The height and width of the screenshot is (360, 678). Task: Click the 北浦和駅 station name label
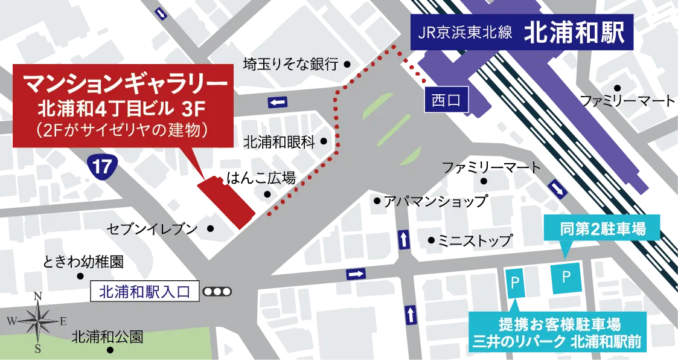pos(574,33)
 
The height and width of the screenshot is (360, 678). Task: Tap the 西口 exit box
pos(446,100)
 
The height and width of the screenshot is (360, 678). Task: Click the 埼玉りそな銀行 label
pos(290,63)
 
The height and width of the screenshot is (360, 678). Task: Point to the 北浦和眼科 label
pos(280,142)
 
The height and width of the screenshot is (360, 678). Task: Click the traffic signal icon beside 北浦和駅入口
pos(217,292)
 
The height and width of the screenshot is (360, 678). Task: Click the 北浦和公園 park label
pos(107,336)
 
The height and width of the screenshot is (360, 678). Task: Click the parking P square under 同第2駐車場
pos(566,277)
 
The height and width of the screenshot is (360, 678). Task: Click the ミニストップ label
pos(476,240)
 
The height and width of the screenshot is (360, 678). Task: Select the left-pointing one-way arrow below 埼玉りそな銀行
pos(278,103)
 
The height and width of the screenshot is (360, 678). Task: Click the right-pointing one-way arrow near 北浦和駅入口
pos(356,274)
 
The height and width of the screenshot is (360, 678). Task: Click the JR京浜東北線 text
pos(464,33)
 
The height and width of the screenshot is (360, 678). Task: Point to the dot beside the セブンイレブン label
pos(211,228)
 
